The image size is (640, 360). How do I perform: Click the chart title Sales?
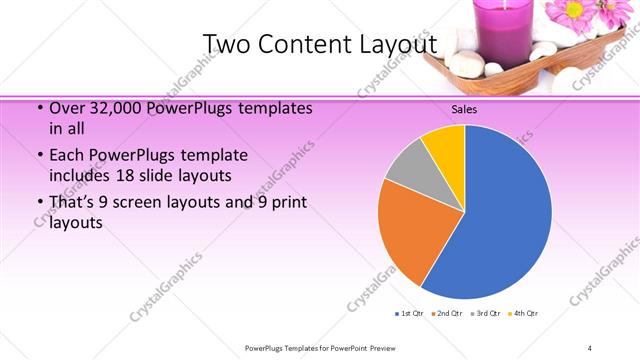(x=465, y=110)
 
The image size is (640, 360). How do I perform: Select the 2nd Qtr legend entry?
(x=447, y=314)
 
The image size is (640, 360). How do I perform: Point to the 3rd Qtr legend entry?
(x=485, y=314)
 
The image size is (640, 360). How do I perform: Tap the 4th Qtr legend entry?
(x=522, y=314)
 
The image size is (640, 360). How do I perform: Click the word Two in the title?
(x=227, y=44)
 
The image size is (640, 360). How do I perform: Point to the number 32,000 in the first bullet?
(x=115, y=108)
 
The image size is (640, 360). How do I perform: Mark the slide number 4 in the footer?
(x=589, y=348)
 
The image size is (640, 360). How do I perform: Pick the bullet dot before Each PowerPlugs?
(x=38, y=156)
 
